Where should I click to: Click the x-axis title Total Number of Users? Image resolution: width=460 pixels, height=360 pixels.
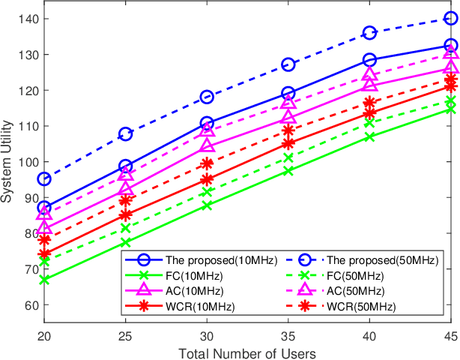click(x=247, y=352)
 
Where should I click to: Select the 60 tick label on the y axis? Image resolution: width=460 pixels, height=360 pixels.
click(x=28, y=305)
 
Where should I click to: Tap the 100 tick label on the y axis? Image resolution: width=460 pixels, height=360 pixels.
click(x=25, y=162)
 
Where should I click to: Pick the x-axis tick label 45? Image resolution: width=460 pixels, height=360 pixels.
click(x=450, y=337)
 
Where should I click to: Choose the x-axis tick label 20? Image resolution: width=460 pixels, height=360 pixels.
click(x=44, y=337)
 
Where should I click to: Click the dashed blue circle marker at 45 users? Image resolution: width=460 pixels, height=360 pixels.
click(x=450, y=19)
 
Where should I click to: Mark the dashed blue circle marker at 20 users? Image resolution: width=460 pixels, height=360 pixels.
click(x=44, y=178)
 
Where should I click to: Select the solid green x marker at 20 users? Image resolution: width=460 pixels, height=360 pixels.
click(x=44, y=279)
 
